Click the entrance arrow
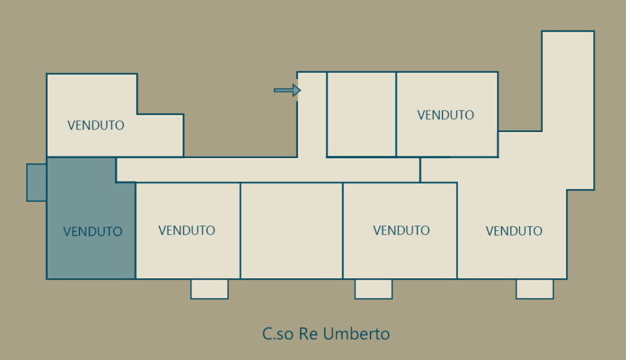point(287,90)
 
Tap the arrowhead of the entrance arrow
point(296,90)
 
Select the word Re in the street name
point(308,334)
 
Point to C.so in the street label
point(278,334)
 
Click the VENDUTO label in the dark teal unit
point(93,232)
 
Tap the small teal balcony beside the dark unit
point(37,182)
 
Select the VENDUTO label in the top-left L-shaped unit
point(96,125)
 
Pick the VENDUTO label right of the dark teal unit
point(187,230)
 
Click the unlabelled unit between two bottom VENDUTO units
point(292,230)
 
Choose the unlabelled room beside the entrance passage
point(361,114)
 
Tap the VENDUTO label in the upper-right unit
point(446,115)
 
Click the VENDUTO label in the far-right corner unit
point(514,230)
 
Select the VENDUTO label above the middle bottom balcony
point(401,230)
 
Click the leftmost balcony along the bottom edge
point(210,289)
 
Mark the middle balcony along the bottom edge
point(374,289)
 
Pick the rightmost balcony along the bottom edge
point(534,289)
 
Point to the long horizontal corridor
point(268,170)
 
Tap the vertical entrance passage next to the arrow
point(312,115)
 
